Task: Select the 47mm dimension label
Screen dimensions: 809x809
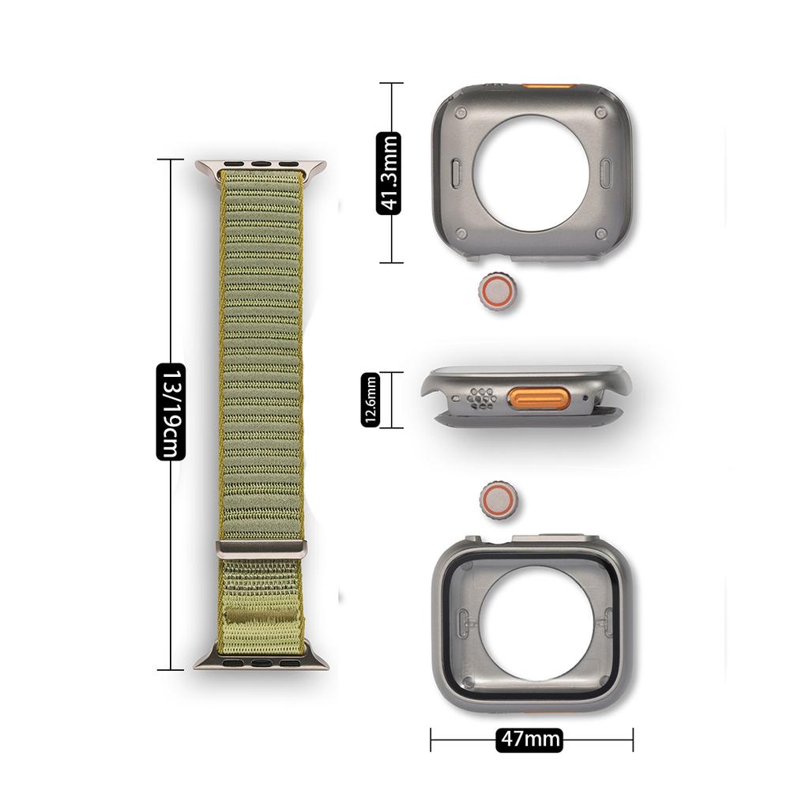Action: pos(530,739)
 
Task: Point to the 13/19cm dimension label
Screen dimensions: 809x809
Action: pos(171,412)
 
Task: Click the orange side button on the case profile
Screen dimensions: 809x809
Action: pos(540,399)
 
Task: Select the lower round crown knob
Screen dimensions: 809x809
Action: pos(499,502)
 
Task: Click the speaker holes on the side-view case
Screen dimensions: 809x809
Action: pos(481,399)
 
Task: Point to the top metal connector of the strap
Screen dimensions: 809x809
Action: pos(260,167)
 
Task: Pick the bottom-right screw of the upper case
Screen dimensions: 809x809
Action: pos(600,234)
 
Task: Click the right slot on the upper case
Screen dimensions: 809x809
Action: pos(606,173)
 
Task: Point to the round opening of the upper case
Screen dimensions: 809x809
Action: pos(532,173)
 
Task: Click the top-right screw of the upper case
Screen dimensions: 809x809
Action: pos(601,112)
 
